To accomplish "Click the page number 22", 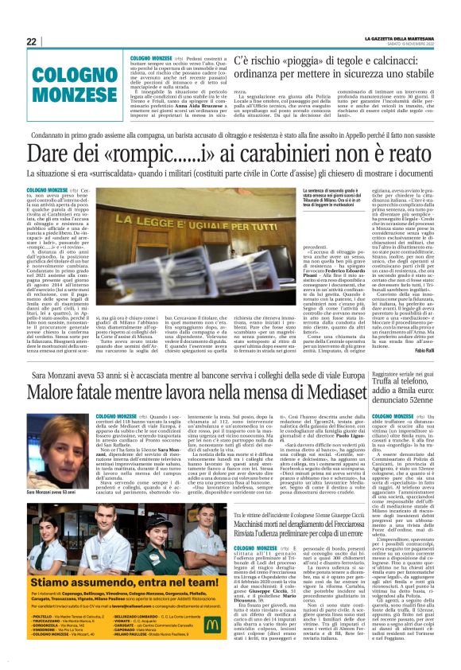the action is point(31,42).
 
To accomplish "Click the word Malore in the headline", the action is point(60,391).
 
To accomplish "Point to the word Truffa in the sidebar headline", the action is point(385,380).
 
